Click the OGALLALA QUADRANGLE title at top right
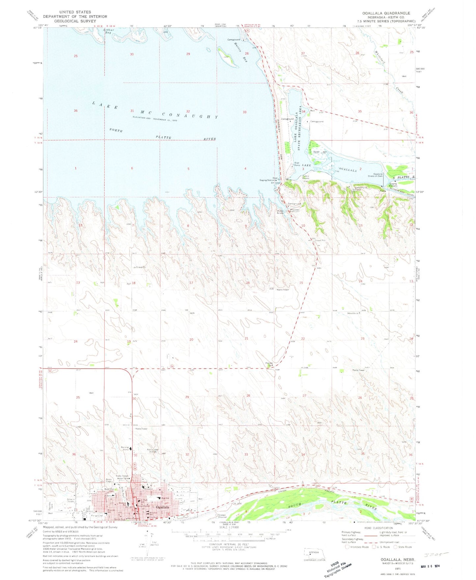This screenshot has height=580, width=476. point(386,13)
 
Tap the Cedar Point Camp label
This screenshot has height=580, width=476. point(358,189)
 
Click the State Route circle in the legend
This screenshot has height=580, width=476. point(396,547)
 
